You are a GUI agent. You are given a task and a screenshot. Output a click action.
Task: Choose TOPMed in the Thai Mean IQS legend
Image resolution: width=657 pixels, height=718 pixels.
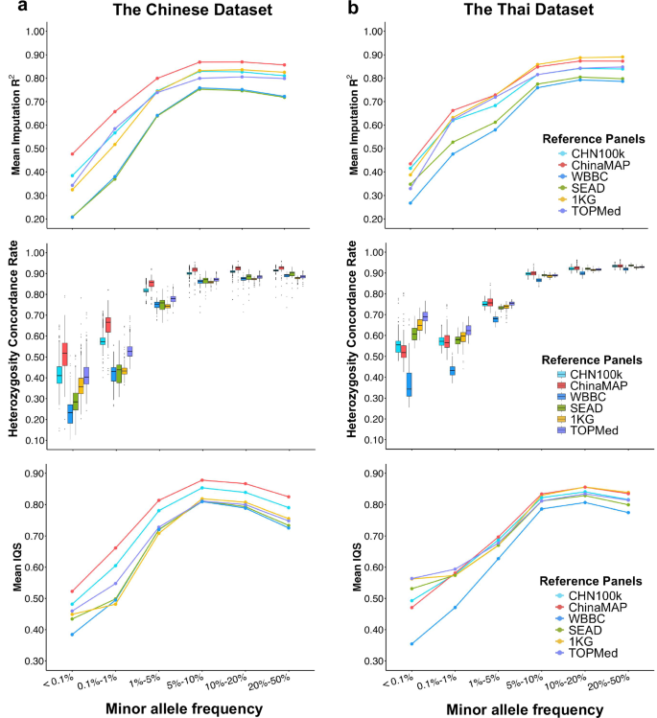(x=600, y=652)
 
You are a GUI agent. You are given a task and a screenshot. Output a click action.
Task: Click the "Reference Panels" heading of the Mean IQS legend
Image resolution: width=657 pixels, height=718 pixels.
(x=577, y=583)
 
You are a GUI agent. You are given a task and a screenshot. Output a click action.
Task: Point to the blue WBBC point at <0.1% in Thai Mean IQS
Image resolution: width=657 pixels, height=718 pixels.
(x=411, y=644)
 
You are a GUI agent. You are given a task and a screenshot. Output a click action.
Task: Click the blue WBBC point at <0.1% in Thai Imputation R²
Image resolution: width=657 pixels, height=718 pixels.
(x=411, y=202)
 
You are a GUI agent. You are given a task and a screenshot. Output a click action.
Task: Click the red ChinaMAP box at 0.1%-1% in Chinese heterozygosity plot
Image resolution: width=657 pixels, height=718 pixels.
(x=108, y=324)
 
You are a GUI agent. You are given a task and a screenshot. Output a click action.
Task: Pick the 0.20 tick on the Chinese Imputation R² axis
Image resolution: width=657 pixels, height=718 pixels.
(x=35, y=219)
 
